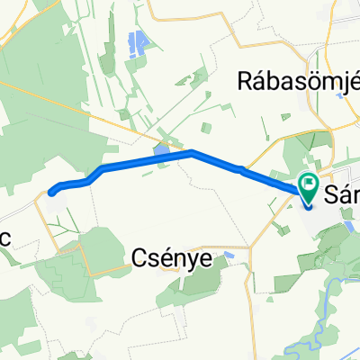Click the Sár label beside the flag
pyautogui.click(x=341, y=193)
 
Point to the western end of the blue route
pyautogui.click(x=51, y=191)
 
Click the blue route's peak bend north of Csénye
pyautogui.click(x=192, y=152)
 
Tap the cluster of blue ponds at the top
pyautogui.click(x=139, y=42)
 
